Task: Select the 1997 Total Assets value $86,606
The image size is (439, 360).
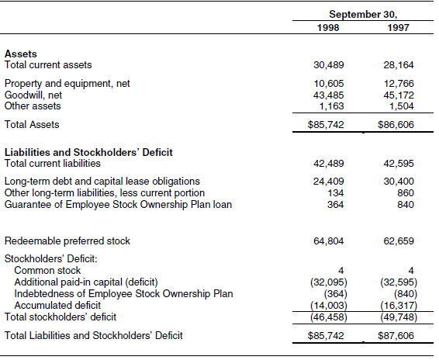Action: pos(396,124)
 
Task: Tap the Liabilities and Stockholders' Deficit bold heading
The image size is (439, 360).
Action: pos(88,152)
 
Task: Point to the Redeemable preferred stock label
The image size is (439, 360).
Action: pos(67,241)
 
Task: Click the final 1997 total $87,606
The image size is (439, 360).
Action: pos(396,336)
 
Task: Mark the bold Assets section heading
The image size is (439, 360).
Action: pos(20,54)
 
